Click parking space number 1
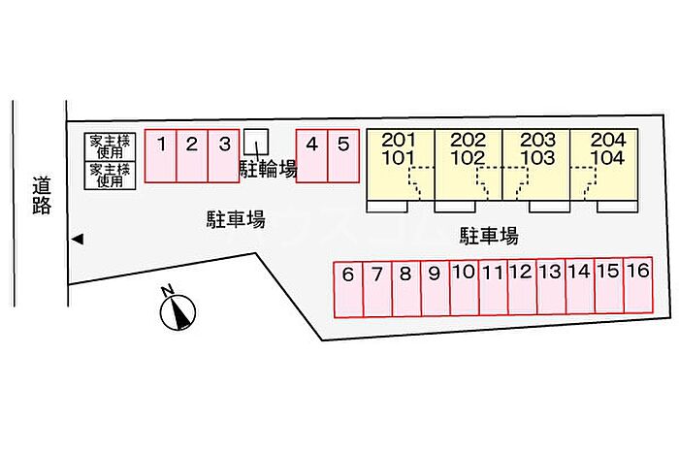click(x=161, y=156)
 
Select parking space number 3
click(x=224, y=156)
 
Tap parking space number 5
click(x=343, y=156)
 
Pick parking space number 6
click(x=348, y=289)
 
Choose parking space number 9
click(x=436, y=288)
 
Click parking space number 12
click(x=522, y=286)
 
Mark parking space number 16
click(x=638, y=285)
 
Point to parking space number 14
click(x=580, y=286)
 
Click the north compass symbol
click(x=178, y=310)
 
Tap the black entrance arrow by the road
click(x=78, y=239)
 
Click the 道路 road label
click(x=42, y=196)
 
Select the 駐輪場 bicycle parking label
click(x=269, y=169)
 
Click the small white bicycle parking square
click(x=256, y=142)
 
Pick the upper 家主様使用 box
click(x=110, y=146)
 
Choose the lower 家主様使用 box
click(x=110, y=176)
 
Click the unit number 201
click(x=399, y=140)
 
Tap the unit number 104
click(x=608, y=158)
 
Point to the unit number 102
click(x=469, y=158)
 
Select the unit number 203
click(x=537, y=140)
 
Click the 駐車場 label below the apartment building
click(x=489, y=237)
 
